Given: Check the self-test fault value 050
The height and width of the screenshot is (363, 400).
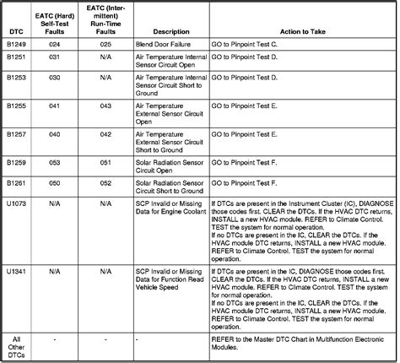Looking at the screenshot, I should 57,183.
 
